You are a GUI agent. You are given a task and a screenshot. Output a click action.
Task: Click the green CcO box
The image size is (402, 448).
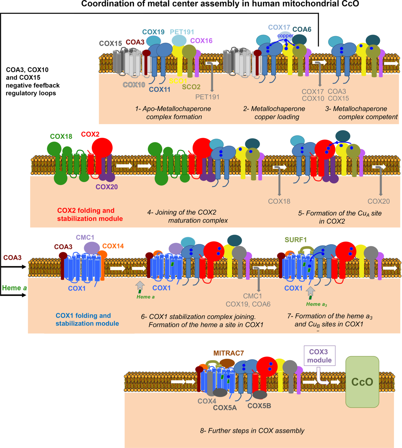click(362, 382)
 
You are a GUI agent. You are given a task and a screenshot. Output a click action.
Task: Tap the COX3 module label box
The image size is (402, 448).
click(319, 356)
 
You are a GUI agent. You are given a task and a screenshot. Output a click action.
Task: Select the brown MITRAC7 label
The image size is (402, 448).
click(228, 353)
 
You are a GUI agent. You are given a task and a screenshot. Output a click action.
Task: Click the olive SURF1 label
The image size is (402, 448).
click(295, 240)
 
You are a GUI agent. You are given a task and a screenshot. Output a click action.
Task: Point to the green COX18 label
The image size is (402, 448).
click(61, 136)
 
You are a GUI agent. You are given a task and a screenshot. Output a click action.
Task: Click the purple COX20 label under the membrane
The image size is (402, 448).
click(107, 187)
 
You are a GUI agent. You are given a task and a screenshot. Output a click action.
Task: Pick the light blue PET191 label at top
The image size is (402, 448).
click(182, 32)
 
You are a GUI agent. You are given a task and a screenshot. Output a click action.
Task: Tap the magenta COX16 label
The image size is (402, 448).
click(201, 41)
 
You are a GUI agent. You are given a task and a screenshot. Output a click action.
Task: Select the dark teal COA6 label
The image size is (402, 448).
click(302, 29)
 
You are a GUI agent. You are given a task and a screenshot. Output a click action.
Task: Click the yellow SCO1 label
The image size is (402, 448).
click(178, 81)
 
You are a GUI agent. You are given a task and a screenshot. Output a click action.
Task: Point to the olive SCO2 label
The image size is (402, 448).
click(191, 87)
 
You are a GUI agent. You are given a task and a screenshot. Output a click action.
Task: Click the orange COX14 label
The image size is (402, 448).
click(113, 246)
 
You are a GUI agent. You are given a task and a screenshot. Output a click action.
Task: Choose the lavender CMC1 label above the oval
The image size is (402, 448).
click(85, 237)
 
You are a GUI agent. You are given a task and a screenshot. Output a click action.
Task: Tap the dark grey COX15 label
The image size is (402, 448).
click(111, 44)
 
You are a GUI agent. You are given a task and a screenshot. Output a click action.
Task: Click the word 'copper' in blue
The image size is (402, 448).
click(285, 36)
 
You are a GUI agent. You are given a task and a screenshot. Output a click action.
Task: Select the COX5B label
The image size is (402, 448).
click(259, 406)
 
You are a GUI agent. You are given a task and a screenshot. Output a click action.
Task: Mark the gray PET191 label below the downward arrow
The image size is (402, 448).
click(207, 97)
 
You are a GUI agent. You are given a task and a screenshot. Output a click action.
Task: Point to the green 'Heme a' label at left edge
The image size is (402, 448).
click(14, 288)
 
